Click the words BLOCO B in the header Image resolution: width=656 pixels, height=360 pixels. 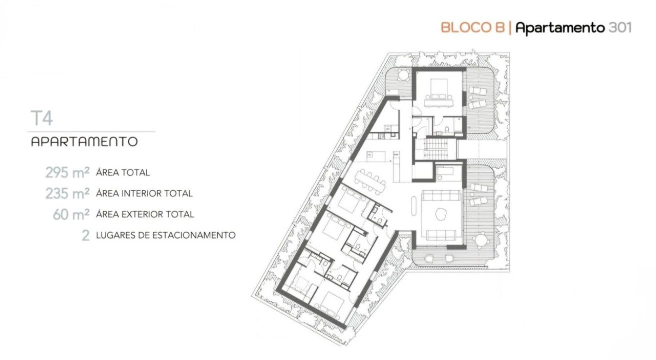coord(473,28)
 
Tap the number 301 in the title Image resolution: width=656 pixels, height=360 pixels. coord(620,28)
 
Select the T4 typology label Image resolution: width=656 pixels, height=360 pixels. coord(42,118)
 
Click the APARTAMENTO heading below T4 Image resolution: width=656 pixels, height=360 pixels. coord(85,141)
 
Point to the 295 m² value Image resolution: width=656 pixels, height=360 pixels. coord(68,172)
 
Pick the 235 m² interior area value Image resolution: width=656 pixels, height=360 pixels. coord(68,193)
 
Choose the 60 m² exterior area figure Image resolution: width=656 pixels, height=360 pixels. coord(71,214)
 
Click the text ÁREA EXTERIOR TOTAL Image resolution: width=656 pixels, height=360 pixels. coord(145,214)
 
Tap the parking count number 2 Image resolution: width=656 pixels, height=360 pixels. coord(86,235)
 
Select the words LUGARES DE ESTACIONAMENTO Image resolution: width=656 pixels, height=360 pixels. coord(166,235)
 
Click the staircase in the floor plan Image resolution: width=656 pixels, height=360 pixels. coord(436,148)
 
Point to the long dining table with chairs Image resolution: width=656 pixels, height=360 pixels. coord(370,181)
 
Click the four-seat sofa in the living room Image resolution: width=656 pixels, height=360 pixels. coord(441,195)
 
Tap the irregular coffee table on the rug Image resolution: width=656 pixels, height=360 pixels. coord(440,214)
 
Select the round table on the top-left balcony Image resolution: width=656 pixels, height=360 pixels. coord(403,75)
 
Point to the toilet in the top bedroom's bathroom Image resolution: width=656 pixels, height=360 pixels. coord(447,129)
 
